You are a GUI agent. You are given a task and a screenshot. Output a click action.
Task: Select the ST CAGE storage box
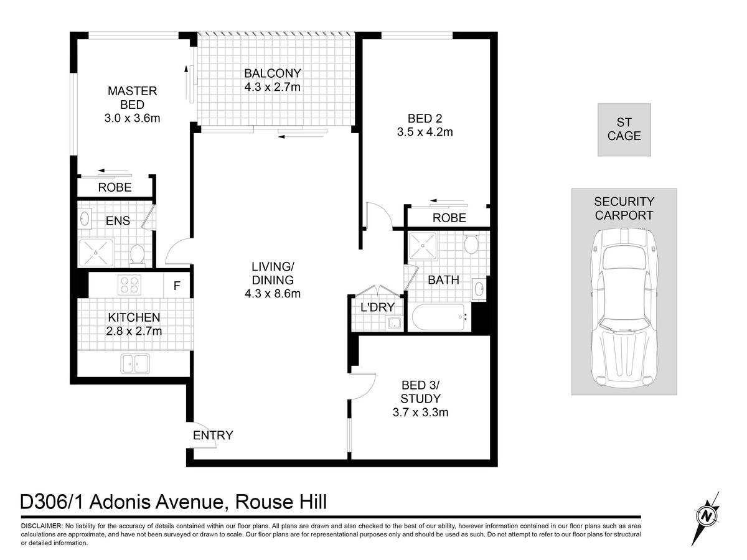pos(624,129)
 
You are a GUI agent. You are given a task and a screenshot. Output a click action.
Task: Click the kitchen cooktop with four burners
pos(129,284)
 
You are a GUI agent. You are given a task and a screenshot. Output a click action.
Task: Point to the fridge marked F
pos(177,285)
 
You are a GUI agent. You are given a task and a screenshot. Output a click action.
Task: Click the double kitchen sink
pos(134,363)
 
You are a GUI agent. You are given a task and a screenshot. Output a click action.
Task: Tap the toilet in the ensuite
pos(137,254)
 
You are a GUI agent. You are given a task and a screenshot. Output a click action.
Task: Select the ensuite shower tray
pos(96,253)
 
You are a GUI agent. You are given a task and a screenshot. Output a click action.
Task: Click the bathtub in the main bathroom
pos(439,317)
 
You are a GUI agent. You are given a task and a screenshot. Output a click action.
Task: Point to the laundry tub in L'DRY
pos(394,322)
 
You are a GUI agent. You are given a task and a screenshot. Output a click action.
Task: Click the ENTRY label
pos(213,435)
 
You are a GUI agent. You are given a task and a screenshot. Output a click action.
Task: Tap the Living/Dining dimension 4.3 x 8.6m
pos(273,293)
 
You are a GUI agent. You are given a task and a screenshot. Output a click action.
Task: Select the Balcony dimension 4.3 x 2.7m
pos(272,87)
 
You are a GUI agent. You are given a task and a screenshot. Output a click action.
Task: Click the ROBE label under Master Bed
pos(115,187)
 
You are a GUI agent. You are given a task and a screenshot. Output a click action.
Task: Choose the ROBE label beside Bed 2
pos(449,218)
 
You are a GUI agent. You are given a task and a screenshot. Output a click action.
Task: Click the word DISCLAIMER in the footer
pos(41,526)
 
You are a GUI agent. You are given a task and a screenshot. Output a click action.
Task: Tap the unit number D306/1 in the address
pos(52,502)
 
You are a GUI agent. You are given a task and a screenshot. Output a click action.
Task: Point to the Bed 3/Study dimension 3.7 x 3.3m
pos(420,412)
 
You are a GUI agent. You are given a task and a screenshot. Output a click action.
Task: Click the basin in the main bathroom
pos(479,289)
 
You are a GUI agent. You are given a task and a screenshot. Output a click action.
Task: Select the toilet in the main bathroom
pos(471,244)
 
